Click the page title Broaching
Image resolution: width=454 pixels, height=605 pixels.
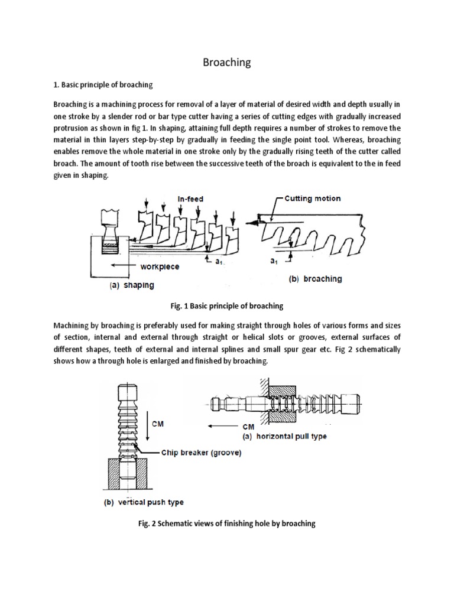click(227, 63)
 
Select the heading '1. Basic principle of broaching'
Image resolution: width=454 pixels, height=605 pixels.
click(103, 84)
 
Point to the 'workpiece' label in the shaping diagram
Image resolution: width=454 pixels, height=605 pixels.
click(160, 266)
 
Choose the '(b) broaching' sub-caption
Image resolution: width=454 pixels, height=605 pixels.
click(315, 279)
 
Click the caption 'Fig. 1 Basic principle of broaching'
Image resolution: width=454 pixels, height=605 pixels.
click(227, 306)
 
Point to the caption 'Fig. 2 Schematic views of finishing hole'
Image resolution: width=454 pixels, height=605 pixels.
click(227, 523)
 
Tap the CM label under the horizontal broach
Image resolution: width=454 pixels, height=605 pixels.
click(248, 427)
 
